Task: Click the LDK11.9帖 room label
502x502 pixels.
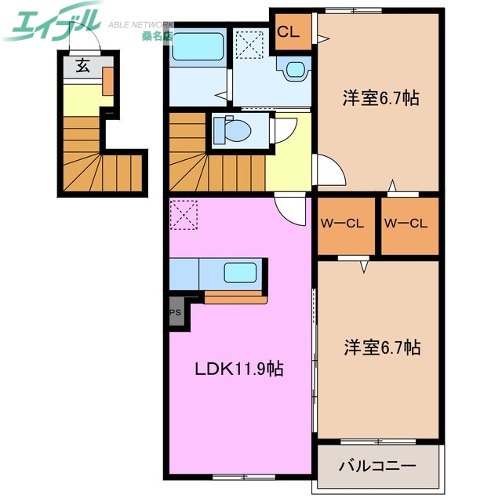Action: (238, 369)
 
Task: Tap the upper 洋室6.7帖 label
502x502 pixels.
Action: (380, 98)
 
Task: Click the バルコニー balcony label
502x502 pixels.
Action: (376, 466)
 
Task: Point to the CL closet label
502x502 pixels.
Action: (289, 32)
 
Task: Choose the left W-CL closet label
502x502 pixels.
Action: (342, 224)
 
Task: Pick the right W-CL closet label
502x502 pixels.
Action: (406, 224)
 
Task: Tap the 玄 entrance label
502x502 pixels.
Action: (83, 66)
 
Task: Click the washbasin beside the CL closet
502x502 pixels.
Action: (295, 70)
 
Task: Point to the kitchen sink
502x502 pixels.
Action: (240, 273)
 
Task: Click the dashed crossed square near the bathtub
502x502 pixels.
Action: (251, 44)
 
